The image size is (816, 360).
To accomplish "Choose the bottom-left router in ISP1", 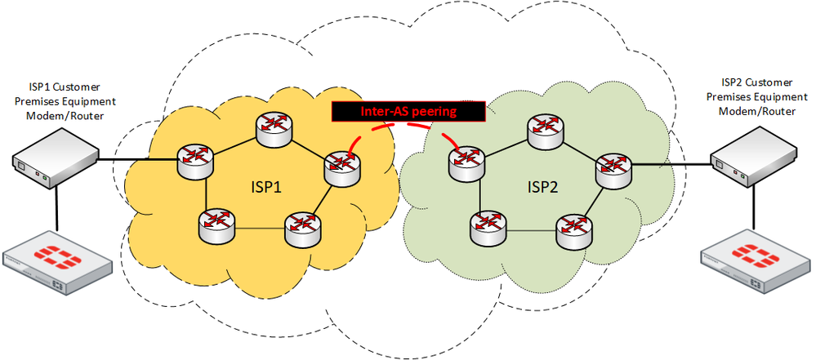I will coord(216,224).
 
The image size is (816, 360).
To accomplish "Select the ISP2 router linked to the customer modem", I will coord(612,168).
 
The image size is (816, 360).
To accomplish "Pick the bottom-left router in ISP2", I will coord(488,229).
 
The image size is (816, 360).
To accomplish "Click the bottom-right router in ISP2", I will coord(573,232).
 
